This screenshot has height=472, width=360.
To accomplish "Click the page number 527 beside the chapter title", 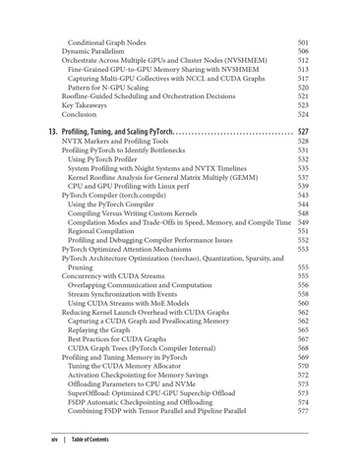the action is tap(303, 131).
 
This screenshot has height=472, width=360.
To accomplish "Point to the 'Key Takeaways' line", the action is tap(88, 104).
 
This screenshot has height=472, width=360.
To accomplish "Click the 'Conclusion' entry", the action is tap(81, 114).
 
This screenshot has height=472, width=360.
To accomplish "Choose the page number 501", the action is tap(303, 42).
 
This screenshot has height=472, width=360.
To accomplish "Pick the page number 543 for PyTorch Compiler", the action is tap(303, 196).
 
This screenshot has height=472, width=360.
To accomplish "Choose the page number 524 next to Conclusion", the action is tap(303, 114).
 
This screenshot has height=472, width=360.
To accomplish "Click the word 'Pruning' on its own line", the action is tap(81, 266).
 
